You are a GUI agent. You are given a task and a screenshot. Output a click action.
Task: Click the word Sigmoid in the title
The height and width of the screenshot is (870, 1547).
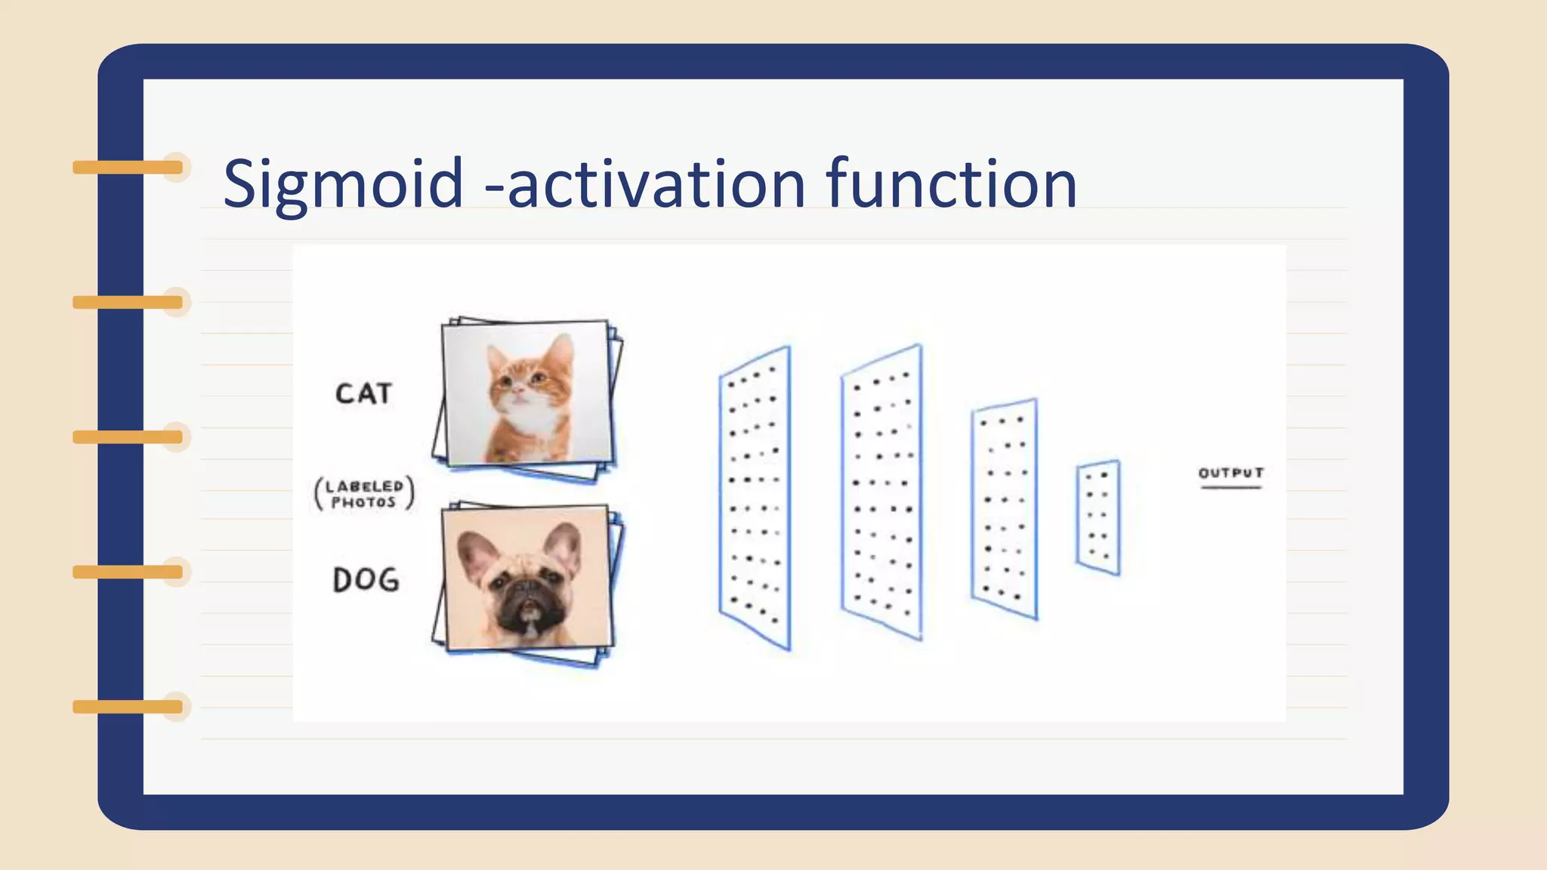[343, 184]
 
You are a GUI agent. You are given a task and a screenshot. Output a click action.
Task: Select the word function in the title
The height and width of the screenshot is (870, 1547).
[952, 184]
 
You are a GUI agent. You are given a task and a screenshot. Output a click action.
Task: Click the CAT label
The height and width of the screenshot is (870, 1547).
[363, 393]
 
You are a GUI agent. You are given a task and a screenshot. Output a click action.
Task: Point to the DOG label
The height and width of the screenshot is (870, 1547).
[366, 580]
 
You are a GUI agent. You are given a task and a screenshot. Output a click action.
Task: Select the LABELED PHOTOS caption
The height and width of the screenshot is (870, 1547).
[364, 494]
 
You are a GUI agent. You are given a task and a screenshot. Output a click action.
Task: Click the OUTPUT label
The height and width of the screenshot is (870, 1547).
[1230, 474]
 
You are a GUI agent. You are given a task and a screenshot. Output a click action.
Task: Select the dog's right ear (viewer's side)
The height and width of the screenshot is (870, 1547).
[564, 545]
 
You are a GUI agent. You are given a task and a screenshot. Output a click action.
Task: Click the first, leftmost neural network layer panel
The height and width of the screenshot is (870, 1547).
[755, 498]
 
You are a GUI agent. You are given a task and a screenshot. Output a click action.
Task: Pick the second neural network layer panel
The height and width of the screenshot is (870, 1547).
[882, 492]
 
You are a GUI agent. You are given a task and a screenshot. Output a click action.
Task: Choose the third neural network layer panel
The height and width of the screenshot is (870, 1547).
[1004, 509]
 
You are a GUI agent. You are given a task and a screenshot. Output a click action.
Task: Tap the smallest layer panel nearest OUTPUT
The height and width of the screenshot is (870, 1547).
[1098, 518]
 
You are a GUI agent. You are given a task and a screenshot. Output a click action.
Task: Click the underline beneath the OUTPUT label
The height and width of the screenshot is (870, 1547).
[1230, 488]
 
